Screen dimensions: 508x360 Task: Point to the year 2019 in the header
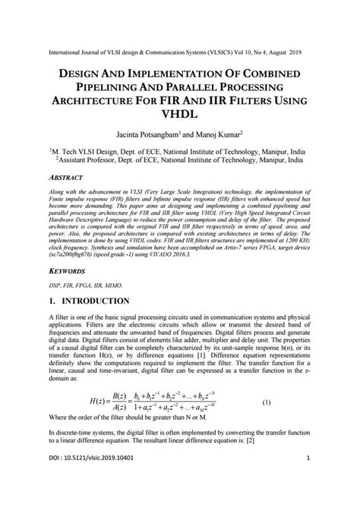pos(293,54)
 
